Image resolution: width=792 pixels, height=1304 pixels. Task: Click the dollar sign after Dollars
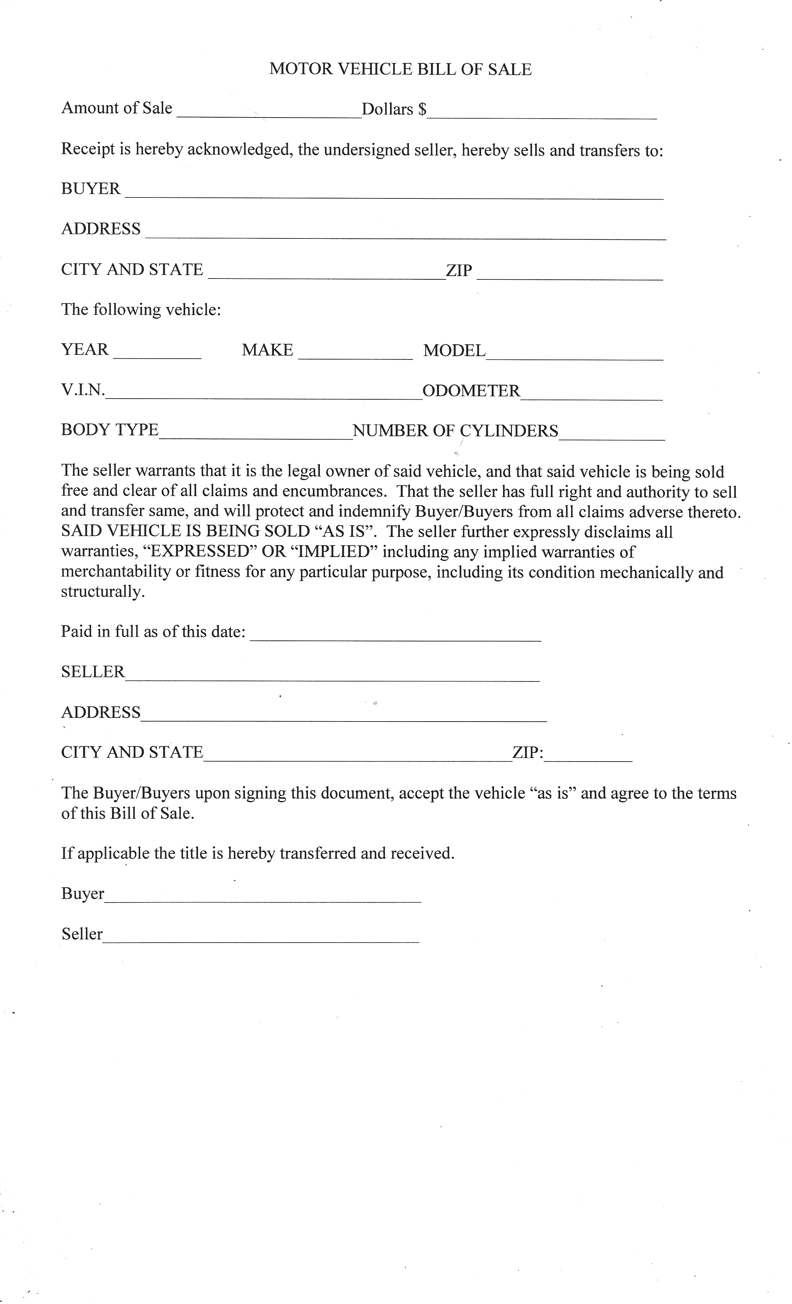click(x=422, y=109)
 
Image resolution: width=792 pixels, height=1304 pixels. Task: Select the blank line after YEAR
click(x=157, y=354)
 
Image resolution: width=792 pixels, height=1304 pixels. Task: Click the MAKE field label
click(x=267, y=350)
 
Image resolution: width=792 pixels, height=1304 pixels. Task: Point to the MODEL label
click(x=454, y=350)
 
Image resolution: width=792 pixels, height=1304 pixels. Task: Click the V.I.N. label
click(x=83, y=390)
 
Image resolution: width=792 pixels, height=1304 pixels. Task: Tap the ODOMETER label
click(x=471, y=391)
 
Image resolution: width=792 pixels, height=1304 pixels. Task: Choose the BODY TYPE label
click(x=110, y=430)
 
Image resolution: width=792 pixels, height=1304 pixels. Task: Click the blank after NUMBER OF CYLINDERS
click(x=612, y=434)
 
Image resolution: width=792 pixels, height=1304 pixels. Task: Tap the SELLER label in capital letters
click(x=93, y=672)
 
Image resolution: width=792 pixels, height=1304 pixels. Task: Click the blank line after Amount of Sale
click(x=269, y=112)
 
